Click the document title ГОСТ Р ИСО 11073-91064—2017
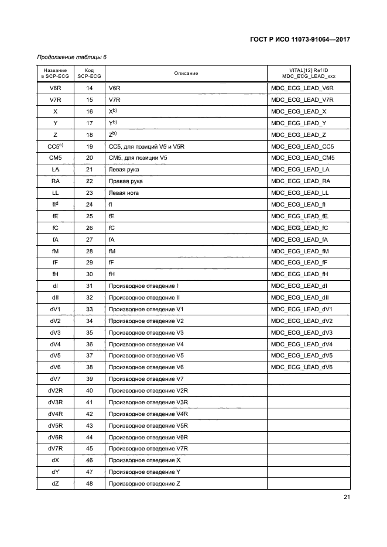pos(300,40)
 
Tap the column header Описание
pos(186,73)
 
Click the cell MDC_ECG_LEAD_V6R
pos(303,88)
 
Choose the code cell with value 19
pos(90,146)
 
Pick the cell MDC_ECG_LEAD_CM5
pos(303,158)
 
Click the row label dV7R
pos(55,449)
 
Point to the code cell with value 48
pos(90,483)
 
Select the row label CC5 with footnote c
pos(55,146)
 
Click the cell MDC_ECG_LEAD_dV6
pos(303,367)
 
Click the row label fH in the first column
pos(55,274)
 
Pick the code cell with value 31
pos(90,286)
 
